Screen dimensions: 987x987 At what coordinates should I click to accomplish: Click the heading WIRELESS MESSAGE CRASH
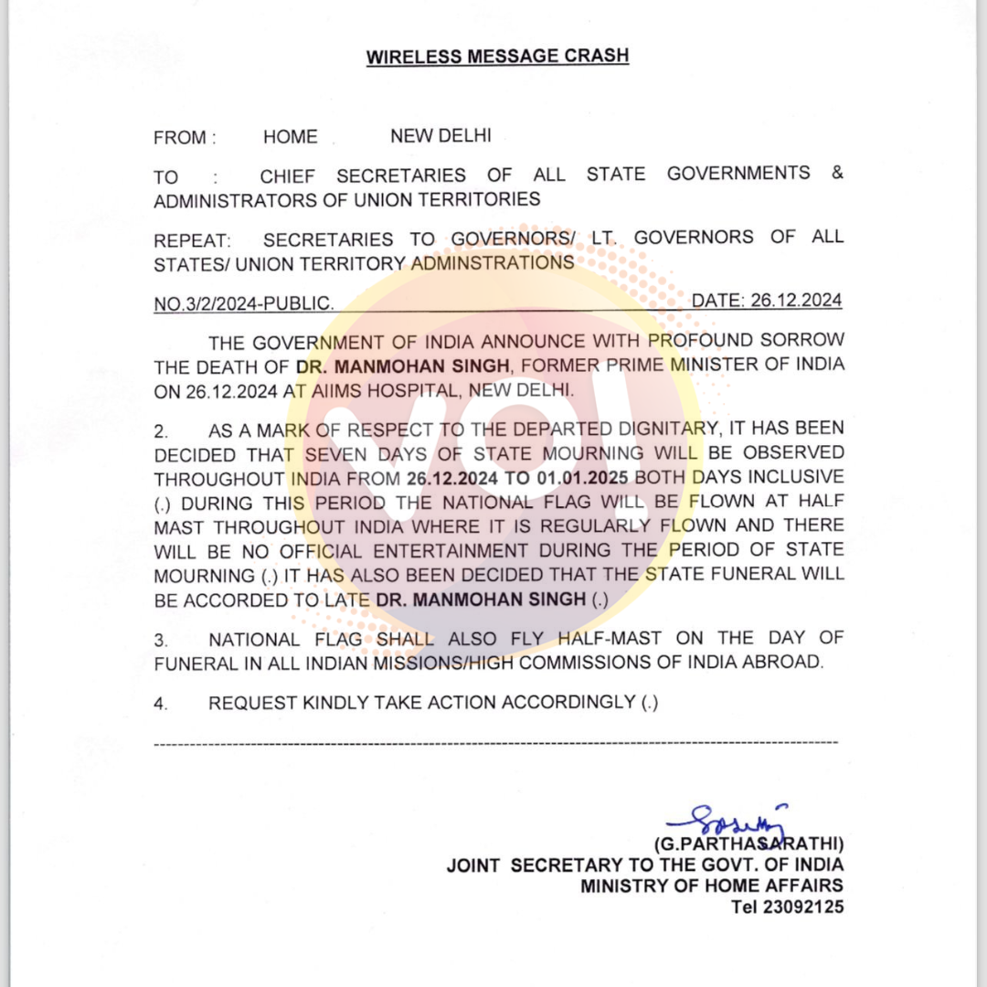[x=497, y=56]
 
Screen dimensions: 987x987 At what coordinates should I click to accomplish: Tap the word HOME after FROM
[x=291, y=137]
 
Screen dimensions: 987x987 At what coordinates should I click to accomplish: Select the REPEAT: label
[x=192, y=240]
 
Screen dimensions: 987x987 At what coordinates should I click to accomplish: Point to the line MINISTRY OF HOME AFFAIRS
[x=711, y=886]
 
